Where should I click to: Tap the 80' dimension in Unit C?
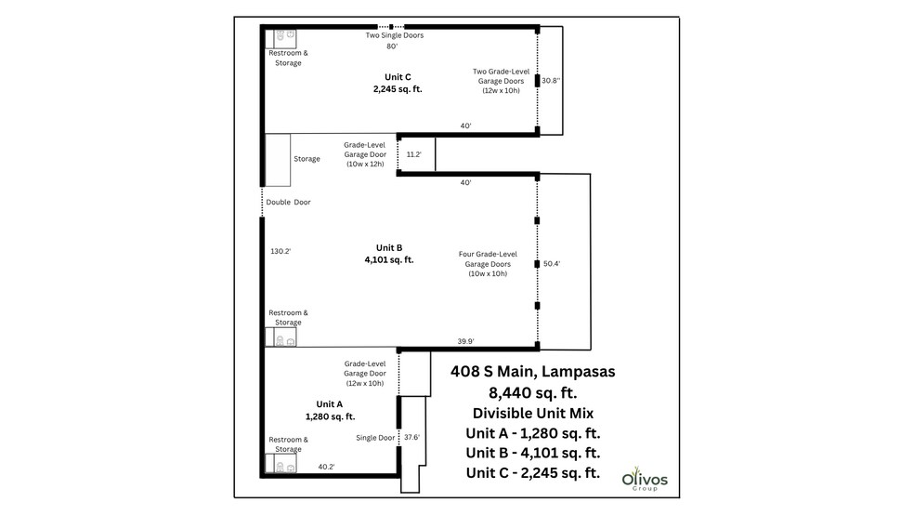[x=392, y=46]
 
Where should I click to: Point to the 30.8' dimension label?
[x=551, y=81]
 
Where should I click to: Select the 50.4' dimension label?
[x=552, y=264]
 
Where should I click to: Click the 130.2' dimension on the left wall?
[x=281, y=251]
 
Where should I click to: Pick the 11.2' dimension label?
[x=414, y=154]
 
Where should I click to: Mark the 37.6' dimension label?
[x=411, y=437]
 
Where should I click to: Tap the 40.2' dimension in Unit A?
[x=327, y=467]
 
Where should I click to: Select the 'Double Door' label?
[x=288, y=202]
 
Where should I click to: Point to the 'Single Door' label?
[x=375, y=437]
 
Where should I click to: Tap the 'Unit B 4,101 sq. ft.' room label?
[x=389, y=254]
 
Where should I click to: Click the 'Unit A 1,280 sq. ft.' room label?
[x=330, y=410]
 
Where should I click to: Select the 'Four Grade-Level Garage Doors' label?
[x=488, y=263]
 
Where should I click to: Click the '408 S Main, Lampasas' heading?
[x=532, y=372]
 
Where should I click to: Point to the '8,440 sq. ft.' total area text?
[x=532, y=392]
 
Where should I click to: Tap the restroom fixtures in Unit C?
[x=285, y=37]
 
